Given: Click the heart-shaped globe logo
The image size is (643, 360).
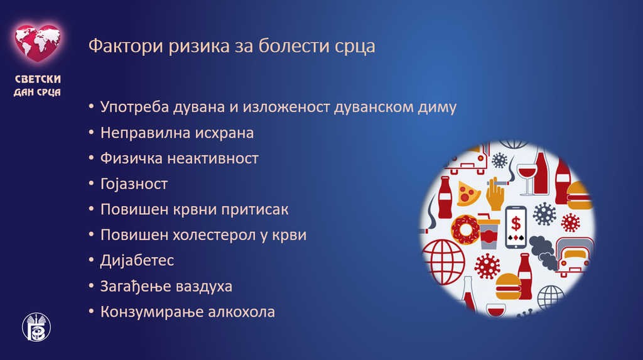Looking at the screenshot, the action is (x=38, y=43).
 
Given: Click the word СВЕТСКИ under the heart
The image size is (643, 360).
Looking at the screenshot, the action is (x=38, y=79).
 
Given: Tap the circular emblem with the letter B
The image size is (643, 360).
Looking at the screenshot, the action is (x=36, y=327).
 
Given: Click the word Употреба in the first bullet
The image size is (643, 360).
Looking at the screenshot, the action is (x=134, y=107).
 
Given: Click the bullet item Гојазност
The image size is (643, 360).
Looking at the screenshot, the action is (x=134, y=184).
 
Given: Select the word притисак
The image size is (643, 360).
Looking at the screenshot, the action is (x=255, y=210).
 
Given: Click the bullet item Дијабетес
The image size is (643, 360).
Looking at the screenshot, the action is (x=137, y=261).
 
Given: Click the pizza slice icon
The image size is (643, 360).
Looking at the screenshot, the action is (x=468, y=194).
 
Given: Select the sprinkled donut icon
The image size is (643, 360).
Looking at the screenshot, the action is (x=465, y=229).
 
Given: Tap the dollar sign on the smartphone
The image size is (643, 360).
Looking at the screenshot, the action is (x=516, y=224).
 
